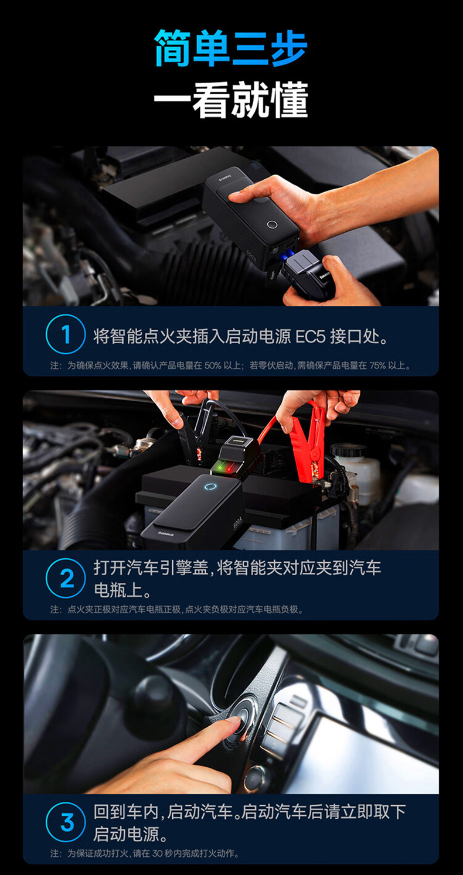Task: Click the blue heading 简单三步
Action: click(231, 48)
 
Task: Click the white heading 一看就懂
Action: click(231, 100)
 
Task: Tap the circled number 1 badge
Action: click(66, 334)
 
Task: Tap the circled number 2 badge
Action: click(66, 578)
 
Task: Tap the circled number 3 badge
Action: click(66, 822)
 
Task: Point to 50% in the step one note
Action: click(213, 365)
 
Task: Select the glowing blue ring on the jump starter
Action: click(211, 487)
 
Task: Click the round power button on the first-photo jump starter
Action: click(272, 225)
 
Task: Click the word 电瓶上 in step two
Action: click(118, 589)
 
